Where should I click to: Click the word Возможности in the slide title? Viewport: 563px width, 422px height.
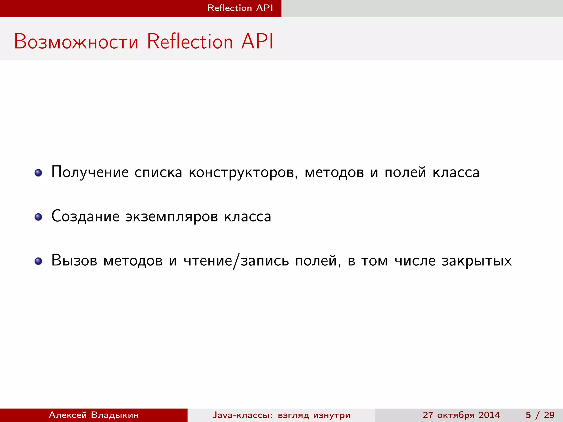point(76,42)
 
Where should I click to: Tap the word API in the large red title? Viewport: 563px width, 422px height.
point(257,42)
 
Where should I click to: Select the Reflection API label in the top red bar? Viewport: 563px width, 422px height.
point(240,8)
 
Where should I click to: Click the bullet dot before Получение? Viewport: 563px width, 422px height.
point(38,173)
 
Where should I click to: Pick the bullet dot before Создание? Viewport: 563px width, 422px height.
point(38,217)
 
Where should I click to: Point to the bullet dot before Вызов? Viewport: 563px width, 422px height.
point(38,261)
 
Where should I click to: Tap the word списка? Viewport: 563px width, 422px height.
point(158,173)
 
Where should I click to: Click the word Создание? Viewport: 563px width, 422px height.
point(85,216)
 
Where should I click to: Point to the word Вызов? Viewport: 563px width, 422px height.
point(74,260)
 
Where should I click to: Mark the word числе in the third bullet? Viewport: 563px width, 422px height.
point(415,260)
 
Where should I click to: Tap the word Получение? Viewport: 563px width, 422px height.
point(90,173)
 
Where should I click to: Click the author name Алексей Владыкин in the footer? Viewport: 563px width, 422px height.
point(94,415)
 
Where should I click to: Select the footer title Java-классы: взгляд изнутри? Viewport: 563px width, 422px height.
point(281,415)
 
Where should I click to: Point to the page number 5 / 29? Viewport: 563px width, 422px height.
point(540,415)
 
